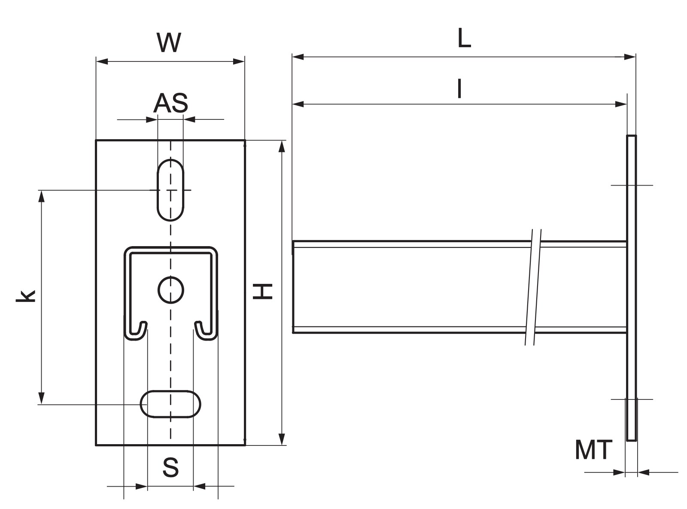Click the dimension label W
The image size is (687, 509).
169,43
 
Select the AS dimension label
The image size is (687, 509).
170,103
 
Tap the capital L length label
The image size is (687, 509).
464,38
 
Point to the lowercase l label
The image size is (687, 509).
459,88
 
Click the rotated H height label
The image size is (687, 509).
262,291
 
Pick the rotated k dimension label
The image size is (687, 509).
26,296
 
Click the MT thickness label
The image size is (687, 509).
593,449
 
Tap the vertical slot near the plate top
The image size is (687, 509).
170,190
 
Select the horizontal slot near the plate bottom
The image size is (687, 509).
170,404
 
